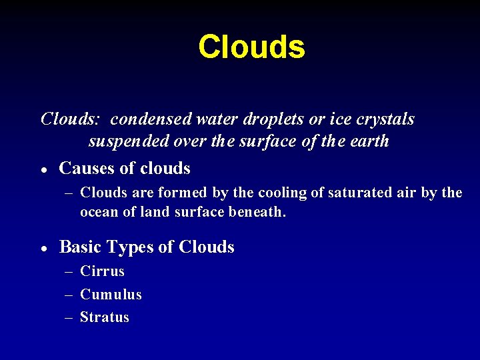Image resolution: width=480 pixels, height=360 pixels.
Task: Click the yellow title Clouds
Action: pos(251,47)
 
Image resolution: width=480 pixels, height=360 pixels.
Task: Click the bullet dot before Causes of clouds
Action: pos(43,170)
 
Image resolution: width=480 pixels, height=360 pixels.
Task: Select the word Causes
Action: pos(86,169)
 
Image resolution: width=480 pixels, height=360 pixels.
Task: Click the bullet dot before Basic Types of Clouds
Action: pos(43,248)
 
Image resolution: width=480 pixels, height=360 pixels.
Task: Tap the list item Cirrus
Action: pos(102,271)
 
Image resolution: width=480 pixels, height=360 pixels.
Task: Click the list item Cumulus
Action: pos(111,295)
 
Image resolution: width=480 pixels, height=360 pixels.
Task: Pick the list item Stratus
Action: pos(105,317)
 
